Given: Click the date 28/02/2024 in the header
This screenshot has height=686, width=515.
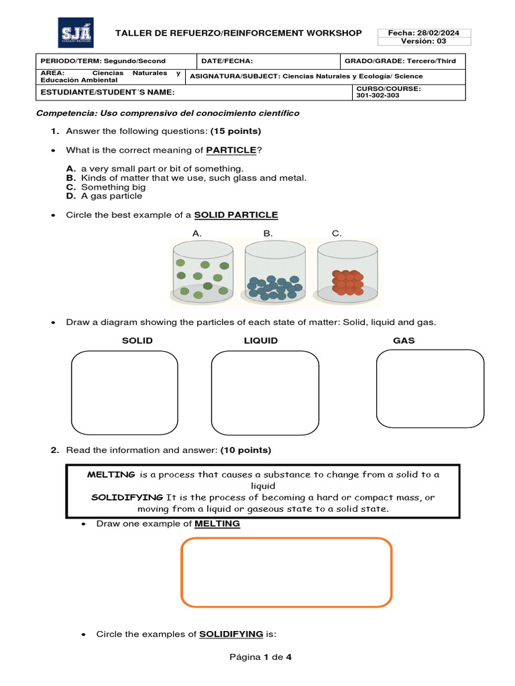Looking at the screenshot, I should point(424,33).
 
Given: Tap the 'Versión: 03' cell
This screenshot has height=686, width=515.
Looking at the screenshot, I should point(424,42).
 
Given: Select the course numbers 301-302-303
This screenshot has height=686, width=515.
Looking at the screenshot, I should point(377,95).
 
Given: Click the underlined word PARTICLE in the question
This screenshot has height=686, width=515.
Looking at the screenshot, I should point(231,149).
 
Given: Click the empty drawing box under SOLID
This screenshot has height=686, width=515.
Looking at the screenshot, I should point(125,393).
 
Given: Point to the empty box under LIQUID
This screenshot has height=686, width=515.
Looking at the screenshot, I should point(265,393).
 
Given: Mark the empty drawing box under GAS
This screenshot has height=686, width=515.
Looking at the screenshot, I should point(430,389).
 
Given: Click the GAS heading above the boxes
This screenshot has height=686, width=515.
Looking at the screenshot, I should point(404,340).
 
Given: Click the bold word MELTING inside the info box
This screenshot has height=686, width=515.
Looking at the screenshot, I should point(111,474).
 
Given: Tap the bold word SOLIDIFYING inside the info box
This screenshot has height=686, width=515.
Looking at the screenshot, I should point(127,497).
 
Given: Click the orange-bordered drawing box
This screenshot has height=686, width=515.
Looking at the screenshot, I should point(286,572).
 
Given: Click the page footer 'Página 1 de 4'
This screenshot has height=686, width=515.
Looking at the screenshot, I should point(260,657).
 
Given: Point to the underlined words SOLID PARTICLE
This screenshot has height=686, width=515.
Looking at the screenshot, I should point(235,215).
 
